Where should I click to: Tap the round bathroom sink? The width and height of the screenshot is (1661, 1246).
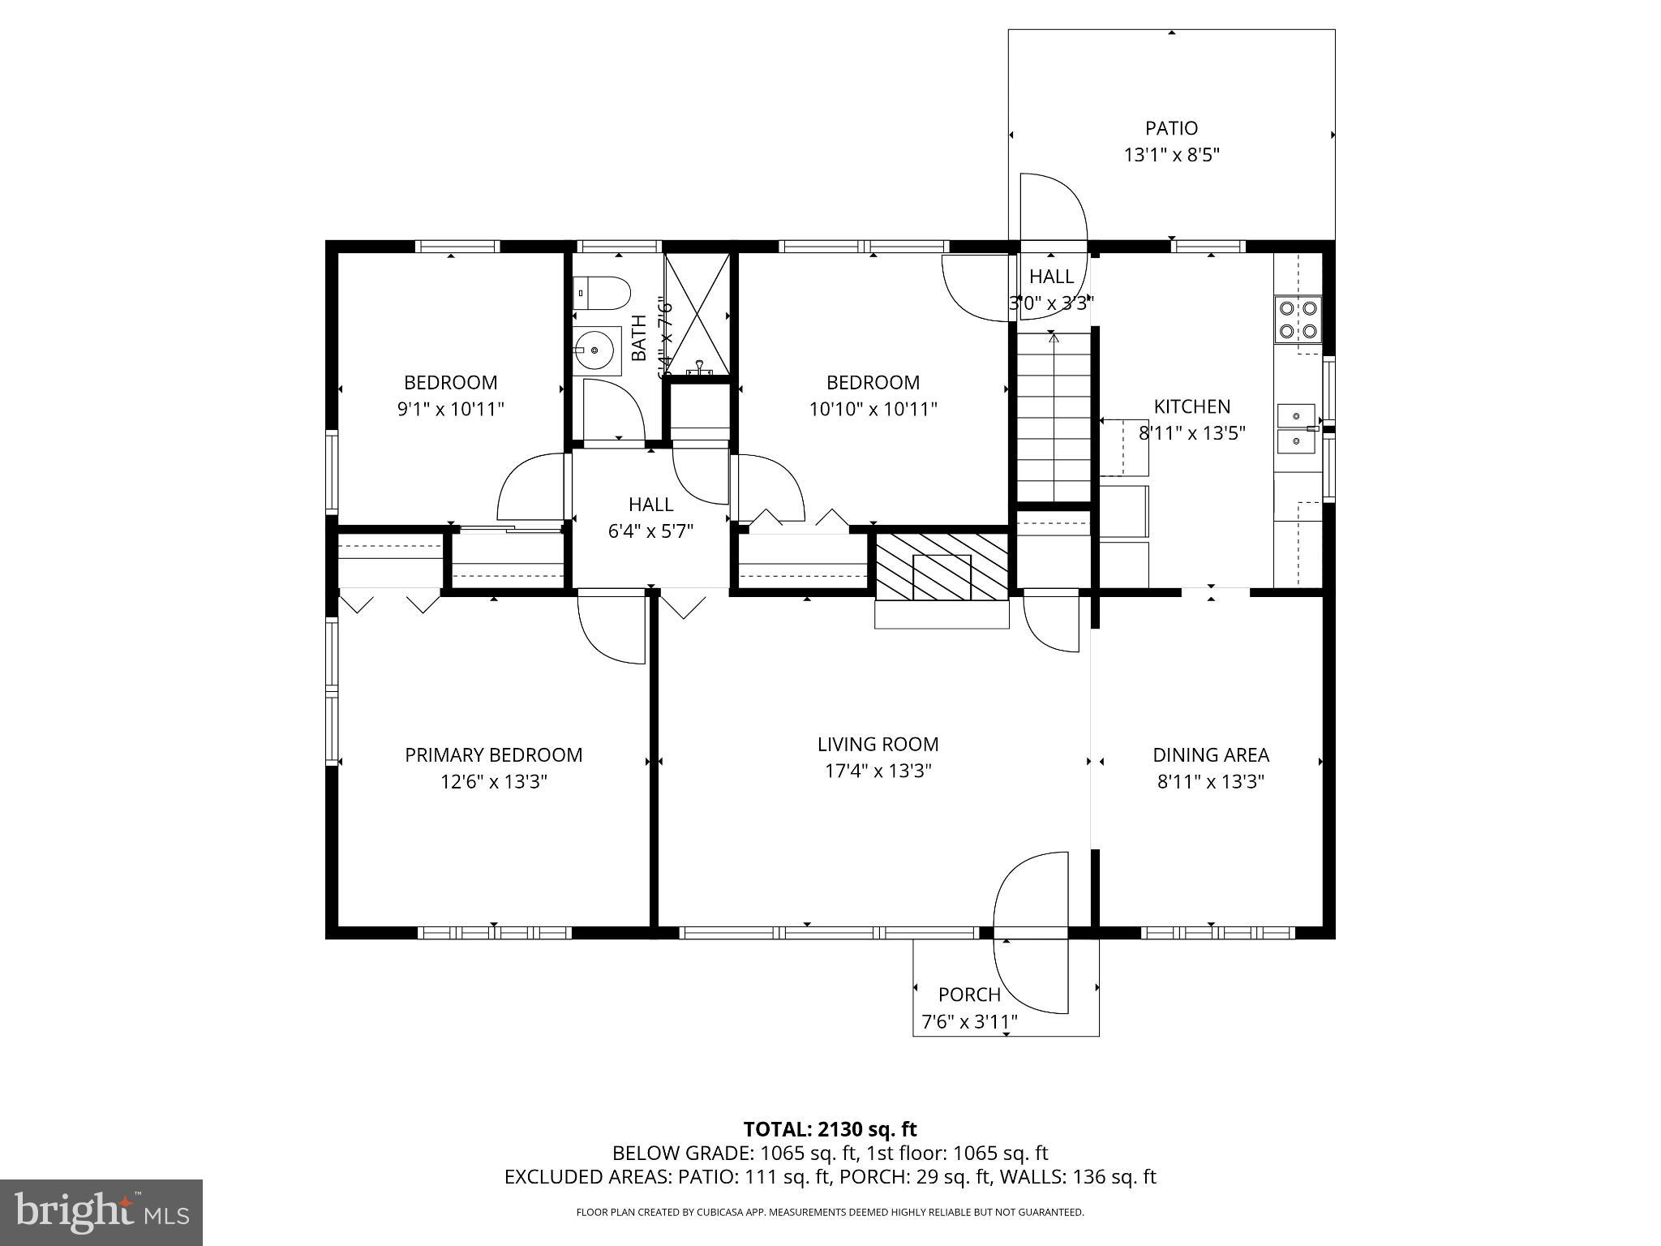pos(596,350)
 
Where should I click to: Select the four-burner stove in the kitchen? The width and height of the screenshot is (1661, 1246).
pos(1297,320)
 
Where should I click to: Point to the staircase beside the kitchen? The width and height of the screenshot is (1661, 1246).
pos(1054,417)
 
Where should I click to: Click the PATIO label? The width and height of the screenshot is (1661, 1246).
pos(1171,128)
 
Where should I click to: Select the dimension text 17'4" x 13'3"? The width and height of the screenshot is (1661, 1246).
pos(878,771)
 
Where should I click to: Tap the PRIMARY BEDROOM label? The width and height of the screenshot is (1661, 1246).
pos(493,755)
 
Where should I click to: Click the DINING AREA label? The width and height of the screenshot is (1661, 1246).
pos(1210,755)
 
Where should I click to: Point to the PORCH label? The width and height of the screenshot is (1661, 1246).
pos(969,995)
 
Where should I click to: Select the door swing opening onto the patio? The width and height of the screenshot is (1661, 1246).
pos(1051,208)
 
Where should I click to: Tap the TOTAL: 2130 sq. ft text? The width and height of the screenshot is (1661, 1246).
pos(830,1129)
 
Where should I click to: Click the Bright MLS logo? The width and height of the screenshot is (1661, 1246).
pos(101,1212)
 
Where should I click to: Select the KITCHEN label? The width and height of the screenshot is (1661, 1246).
pos(1191,406)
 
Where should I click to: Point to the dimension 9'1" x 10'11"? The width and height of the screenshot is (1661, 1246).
pos(450,409)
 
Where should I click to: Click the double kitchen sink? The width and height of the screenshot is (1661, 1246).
pos(1295,428)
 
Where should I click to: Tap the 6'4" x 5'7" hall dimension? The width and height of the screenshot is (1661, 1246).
pos(650,531)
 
